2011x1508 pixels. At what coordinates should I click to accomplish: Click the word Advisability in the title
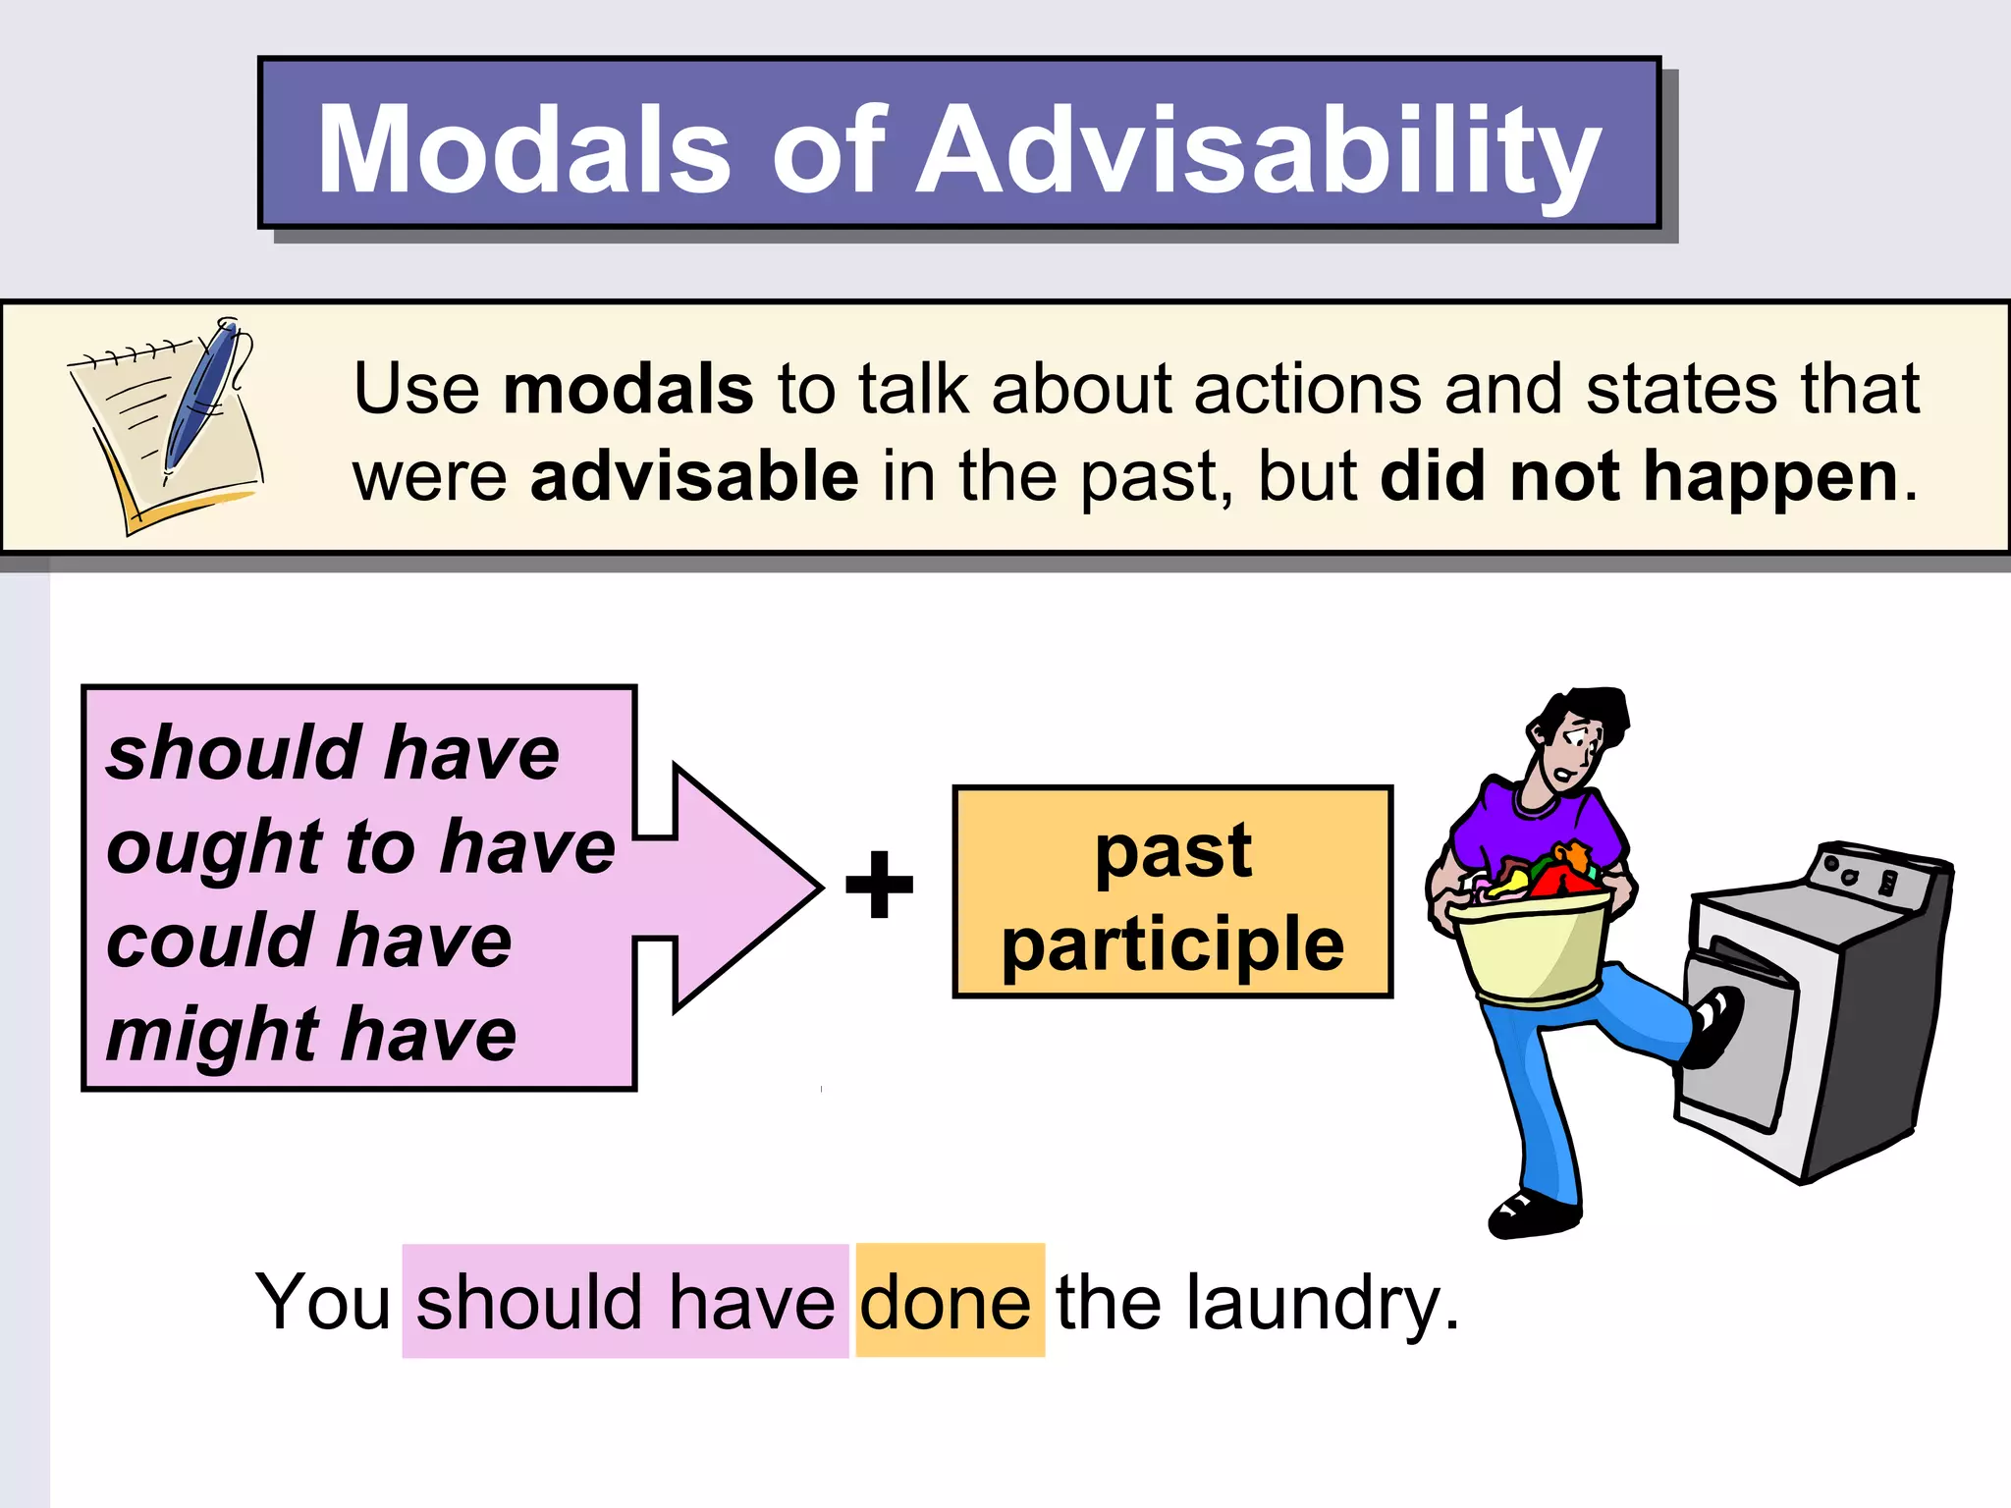[x=1259, y=152]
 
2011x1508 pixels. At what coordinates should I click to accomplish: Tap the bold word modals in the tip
[x=628, y=390]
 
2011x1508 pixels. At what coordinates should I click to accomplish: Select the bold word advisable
[x=694, y=477]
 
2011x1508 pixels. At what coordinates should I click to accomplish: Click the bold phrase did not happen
[x=1639, y=477]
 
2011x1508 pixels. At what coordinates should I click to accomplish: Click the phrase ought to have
[x=359, y=847]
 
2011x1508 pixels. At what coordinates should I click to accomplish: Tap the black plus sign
[x=879, y=885]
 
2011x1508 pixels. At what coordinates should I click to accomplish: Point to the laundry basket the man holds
[x=1532, y=947]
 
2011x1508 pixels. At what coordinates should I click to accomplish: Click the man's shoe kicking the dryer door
[x=1713, y=1026]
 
